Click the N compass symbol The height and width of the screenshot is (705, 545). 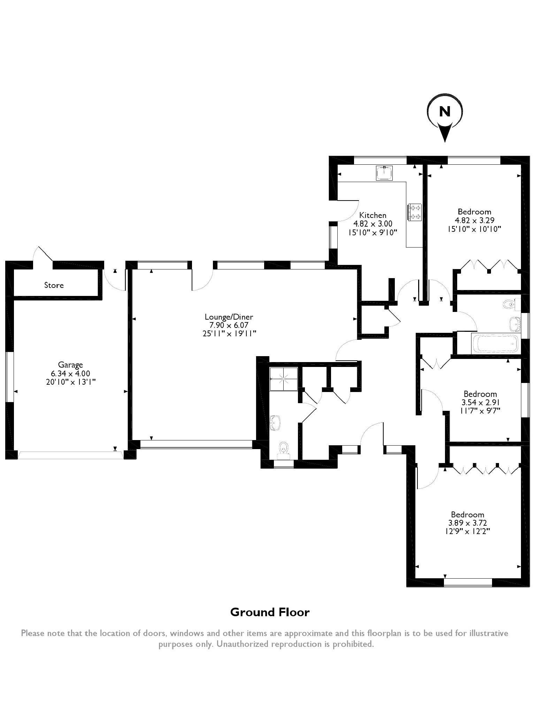coord(445,112)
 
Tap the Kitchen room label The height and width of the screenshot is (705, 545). coord(373,215)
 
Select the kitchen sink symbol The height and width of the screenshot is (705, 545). coord(384,173)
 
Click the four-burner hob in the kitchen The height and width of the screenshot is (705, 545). coord(414,212)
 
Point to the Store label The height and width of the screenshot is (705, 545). coord(54,285)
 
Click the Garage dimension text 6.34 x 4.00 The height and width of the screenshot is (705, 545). coord(70,373)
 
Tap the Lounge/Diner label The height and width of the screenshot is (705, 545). coord(229,317)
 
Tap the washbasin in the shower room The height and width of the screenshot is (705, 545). coord(276,422)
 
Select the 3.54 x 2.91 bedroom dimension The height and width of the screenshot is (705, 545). coord(480,402)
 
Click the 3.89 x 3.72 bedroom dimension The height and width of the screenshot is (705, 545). coord(467,523)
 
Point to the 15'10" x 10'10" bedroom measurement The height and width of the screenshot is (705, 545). coord(475,229)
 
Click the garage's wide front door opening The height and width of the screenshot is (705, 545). coord(71,455)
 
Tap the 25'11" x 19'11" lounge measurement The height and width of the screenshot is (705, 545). coord(229,334)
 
